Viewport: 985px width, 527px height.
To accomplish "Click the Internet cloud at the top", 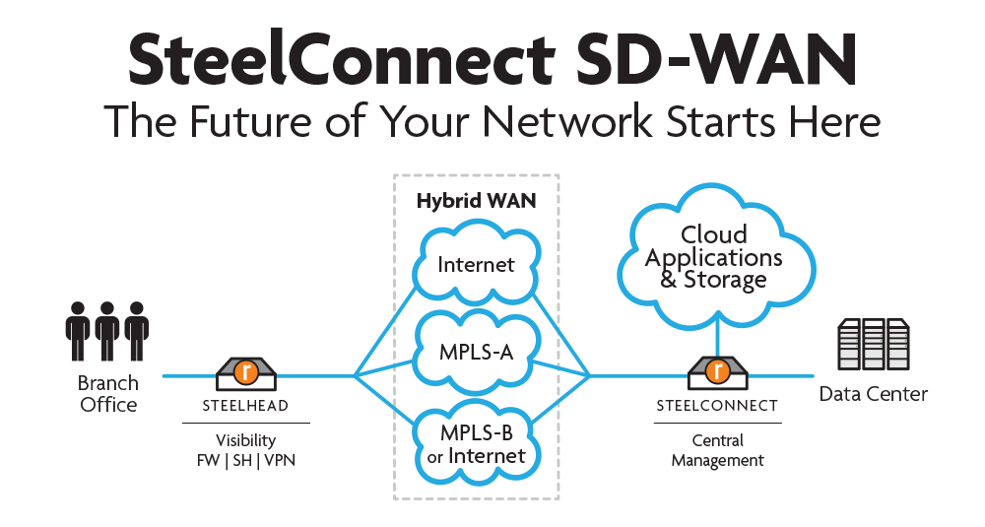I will [477, 264].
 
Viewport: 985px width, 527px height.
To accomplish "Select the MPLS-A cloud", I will [477, 351].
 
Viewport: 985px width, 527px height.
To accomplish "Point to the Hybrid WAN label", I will [476, 201].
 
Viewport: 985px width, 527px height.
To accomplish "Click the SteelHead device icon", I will [247, 370].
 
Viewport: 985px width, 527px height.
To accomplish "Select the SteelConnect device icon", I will [718, 370].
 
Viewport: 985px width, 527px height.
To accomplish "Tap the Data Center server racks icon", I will [873, 344].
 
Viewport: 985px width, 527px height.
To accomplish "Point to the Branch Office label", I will [107, 393].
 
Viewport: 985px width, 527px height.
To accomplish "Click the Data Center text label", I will [874, 394].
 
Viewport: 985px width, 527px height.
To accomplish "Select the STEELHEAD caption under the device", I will [246, 405].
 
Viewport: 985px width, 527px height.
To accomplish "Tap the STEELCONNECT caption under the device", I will [717, 405].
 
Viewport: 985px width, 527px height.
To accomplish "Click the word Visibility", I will [246, 440].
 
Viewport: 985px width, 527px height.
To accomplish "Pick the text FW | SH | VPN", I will [246, 459].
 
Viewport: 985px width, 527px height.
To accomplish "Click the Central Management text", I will [717, 450].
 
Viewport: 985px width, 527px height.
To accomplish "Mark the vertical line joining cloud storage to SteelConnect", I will [717, 340].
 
